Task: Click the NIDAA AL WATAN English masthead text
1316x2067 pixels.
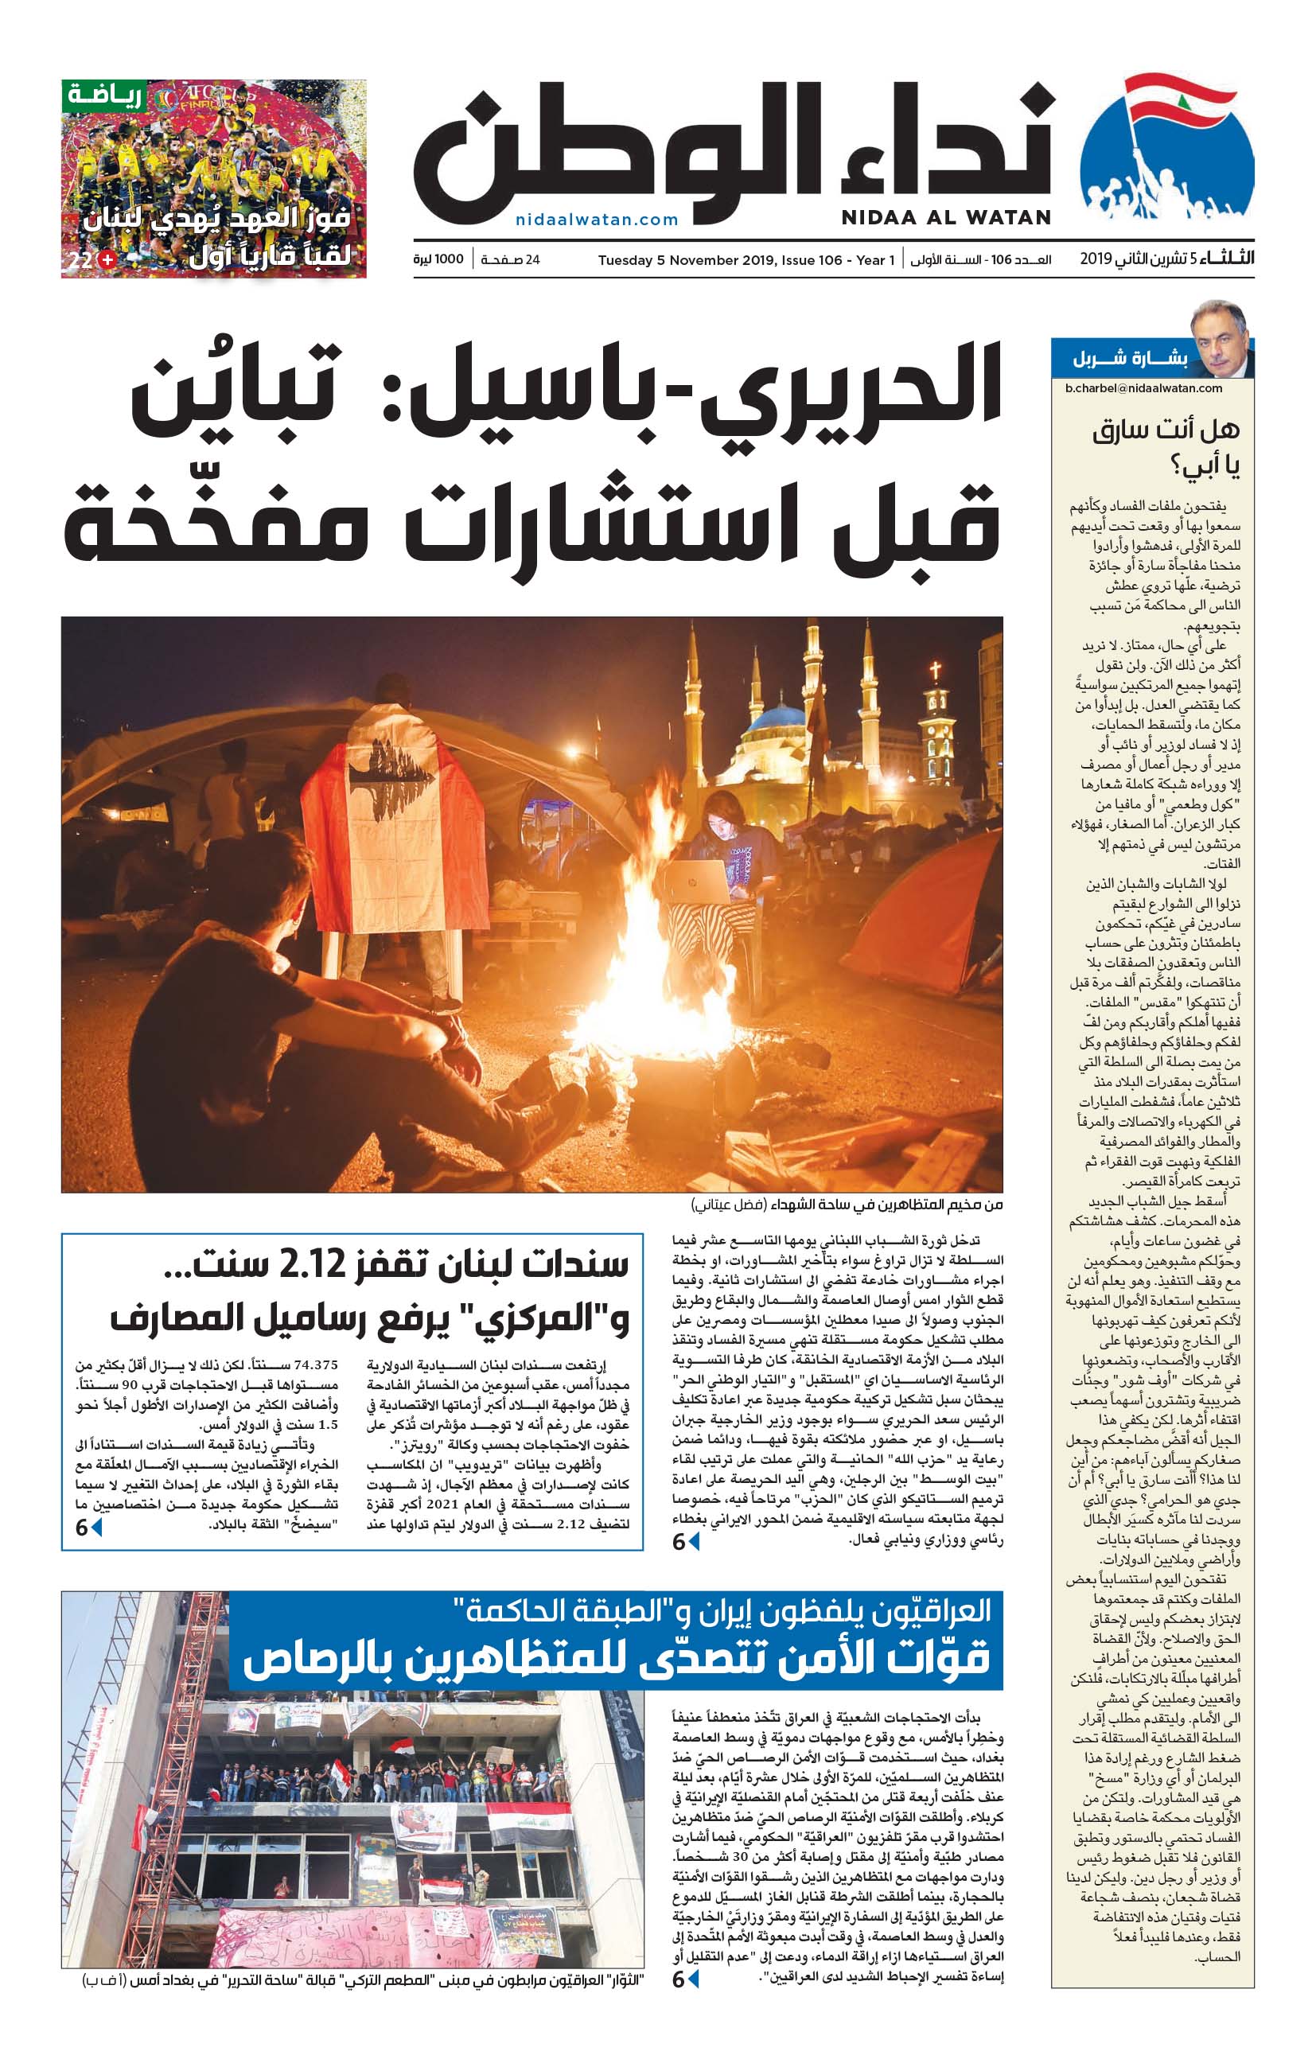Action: click(x=945, y=218)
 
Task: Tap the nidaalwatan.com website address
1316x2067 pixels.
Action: click(x=597, y=220)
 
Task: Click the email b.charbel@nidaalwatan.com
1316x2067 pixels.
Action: click(x=1143, y=388)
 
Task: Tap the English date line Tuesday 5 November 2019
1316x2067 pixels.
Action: click(x=746, y=260)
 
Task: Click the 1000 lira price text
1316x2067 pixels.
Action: click(x=438, y=259)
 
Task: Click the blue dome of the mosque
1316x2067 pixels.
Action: click(x=776, y=717)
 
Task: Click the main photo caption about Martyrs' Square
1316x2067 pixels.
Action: click(x=847, y=1205)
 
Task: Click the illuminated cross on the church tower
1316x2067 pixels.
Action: click(x=935, y=671)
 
